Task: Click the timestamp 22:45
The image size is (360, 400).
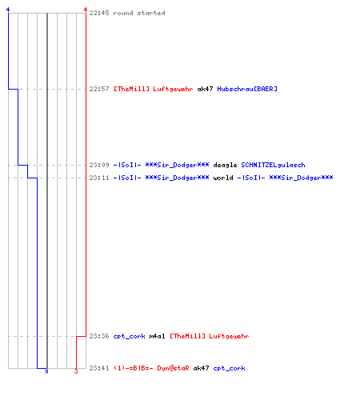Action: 99,13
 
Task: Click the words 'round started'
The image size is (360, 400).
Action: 139,13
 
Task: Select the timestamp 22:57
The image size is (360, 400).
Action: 99,89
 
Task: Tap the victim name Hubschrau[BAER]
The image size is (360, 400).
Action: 247,89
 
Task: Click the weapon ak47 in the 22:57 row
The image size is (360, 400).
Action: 205,89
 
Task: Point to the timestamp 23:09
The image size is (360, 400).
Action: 99,165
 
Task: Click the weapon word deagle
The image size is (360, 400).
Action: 225,165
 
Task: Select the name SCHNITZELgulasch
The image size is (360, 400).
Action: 273,165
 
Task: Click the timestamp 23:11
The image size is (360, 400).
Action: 99,178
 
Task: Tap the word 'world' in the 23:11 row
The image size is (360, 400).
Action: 223,178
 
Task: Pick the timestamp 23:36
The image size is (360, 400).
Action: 99,336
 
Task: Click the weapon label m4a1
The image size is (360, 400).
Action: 157,336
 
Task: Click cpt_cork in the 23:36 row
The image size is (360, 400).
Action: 129,336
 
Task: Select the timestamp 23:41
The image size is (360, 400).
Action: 99,368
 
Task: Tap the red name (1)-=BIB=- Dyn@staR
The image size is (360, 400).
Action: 151,368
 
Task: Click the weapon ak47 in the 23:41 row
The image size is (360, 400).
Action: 201,368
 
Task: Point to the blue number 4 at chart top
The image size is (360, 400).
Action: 8,10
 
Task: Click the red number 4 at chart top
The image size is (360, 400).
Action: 86,10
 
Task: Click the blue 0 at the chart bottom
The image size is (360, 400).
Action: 46,371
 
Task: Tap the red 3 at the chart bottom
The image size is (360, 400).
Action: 76,371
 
